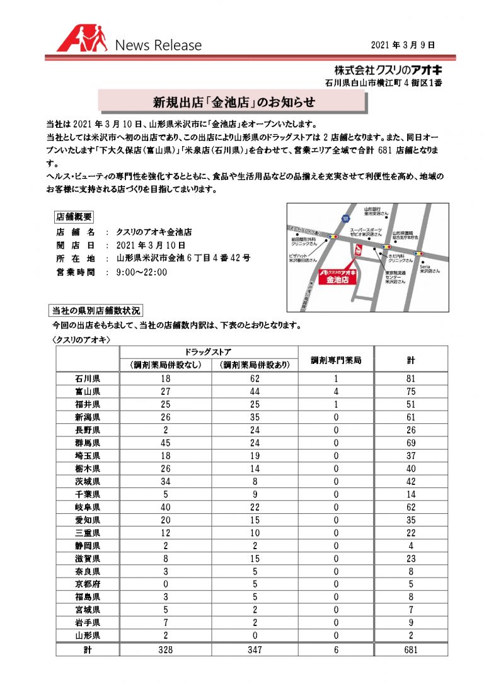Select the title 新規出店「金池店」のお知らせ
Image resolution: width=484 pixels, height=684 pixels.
coord(234,101)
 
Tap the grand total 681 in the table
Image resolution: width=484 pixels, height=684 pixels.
coord(410,649)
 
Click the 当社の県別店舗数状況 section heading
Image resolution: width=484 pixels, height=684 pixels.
coord(96,310)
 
